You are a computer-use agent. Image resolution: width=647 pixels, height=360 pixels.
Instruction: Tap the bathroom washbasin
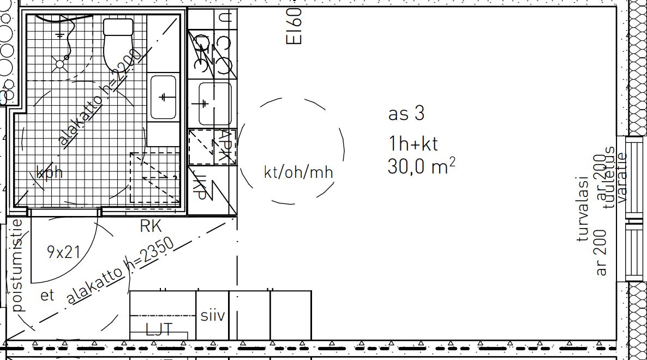point(163,97)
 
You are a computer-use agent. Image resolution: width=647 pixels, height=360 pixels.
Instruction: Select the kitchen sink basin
point(215,104)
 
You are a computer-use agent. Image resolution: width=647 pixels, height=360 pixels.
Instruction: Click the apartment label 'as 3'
point(406,114)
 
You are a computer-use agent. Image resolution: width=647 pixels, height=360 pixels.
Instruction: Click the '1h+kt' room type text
point(413,144)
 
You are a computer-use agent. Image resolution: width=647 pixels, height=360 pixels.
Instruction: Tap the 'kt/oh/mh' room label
point(298,172)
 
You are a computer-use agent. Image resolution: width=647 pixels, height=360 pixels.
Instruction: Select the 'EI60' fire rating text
point(293,26)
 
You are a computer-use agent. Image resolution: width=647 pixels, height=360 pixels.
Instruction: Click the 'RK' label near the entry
point(151,226)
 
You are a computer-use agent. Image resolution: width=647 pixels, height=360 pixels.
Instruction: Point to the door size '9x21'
point(63,252)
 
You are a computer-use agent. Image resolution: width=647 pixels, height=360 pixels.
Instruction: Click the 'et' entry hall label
point(47,296)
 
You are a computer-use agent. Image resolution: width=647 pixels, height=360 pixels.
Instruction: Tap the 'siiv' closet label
point(212,316)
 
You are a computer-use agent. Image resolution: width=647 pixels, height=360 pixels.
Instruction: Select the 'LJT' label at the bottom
point(159,329)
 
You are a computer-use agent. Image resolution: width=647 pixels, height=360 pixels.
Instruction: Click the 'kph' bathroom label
point(50,173)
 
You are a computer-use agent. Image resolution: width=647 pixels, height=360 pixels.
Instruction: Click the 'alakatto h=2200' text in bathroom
point(100,98)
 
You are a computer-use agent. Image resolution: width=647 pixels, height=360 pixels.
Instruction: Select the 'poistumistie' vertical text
point(18,265)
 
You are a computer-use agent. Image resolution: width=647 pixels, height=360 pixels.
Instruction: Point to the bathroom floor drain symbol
point(59,63)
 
